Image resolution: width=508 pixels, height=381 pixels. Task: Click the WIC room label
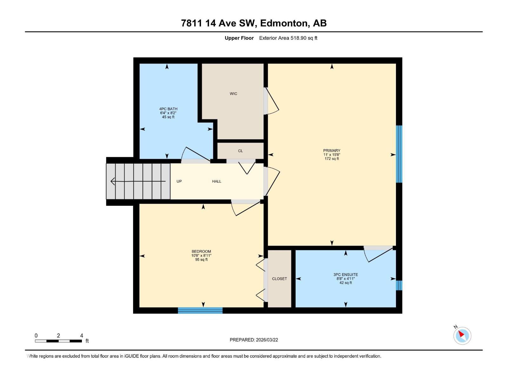(233, 94)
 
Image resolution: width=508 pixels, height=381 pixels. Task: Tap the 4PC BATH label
(168, 109)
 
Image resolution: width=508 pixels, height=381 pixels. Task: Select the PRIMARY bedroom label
(332, 150)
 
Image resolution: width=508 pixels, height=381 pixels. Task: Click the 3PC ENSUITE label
(345, 275)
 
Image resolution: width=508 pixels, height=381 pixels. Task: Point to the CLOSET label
(279, 279)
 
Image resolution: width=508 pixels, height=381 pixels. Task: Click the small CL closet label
(240, 151)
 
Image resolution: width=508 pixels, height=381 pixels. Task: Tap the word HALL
(217, 181)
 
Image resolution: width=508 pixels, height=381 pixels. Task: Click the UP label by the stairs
(179, 181)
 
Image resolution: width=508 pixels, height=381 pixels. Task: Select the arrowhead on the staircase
(112, 181)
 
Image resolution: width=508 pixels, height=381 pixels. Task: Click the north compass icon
(462, 335)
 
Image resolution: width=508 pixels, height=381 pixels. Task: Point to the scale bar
(58, 341)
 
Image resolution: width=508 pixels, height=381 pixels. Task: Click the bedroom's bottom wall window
(200, 311)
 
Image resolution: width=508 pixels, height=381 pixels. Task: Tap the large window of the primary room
(399, 154)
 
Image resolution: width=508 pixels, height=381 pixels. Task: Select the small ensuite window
(399, 285)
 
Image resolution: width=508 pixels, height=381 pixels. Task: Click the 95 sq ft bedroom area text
(201, 260)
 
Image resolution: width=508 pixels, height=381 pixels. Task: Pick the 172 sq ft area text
(332, 159)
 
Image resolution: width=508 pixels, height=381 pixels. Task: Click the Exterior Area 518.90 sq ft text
(288, 38)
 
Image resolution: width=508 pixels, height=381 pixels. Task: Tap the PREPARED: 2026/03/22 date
(254, 340)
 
